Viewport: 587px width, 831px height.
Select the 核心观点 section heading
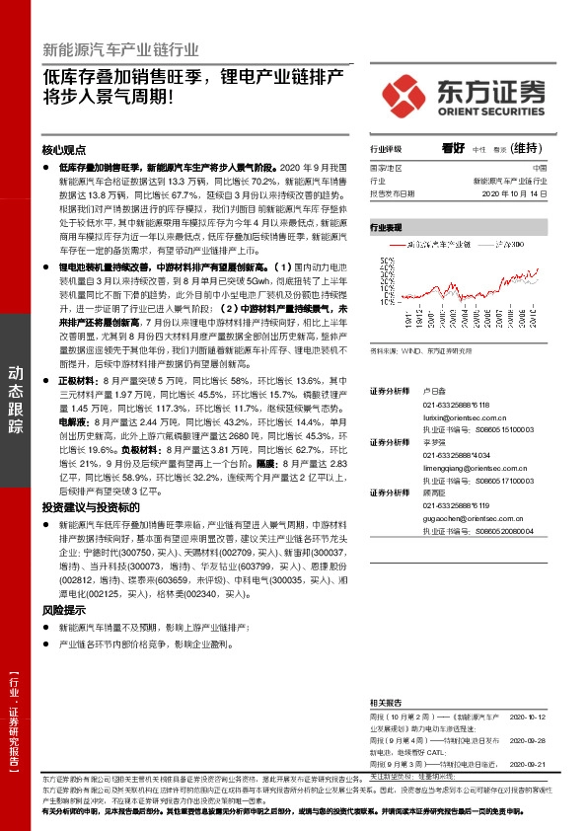pyautogui.click(x=64, y=151)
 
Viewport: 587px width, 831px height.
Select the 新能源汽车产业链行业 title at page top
pyautogui.click(x=120, y=48)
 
